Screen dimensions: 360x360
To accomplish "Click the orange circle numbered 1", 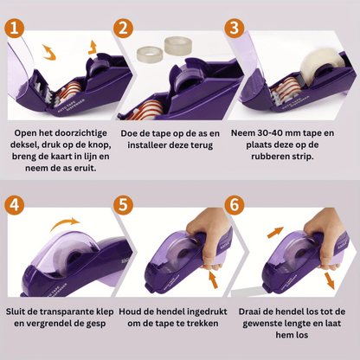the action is tap(14, 29).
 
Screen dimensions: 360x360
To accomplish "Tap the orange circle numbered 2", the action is tap(123, 29).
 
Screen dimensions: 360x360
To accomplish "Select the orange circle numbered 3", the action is tap(235, 29).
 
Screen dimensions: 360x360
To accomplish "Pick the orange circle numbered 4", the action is tap(14, 205).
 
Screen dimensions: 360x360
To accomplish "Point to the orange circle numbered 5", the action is tap(123, 205).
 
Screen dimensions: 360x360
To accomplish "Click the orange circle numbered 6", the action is tap(235, 205).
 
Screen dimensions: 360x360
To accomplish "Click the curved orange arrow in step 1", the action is tap(49, 53).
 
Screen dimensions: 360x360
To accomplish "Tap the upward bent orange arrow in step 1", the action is tap(93, 48).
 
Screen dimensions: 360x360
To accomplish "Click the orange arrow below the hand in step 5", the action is tap(213, 280).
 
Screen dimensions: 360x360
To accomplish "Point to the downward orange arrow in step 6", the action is tap(329, 280).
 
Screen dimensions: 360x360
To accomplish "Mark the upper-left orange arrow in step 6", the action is tap(275, 233).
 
